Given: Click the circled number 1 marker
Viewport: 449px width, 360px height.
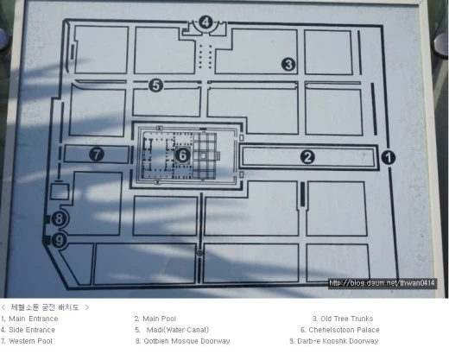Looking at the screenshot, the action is coord(388,157).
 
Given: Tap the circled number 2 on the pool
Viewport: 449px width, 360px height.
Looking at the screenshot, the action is coord(307,157).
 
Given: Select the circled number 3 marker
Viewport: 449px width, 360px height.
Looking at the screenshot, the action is coord(288,64).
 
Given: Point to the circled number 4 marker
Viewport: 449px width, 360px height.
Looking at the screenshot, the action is coord(206,22).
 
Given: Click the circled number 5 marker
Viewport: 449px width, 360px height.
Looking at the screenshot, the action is coord(155,85).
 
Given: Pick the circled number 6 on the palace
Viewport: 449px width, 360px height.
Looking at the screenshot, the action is coord(183,155).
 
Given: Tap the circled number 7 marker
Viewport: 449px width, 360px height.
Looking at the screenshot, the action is coord(97,154).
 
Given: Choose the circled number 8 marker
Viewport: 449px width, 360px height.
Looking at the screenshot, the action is coord(59,218).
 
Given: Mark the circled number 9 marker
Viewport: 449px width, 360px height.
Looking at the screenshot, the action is coord(59,240).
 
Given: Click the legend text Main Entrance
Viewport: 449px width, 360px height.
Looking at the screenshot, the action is coord(34,319).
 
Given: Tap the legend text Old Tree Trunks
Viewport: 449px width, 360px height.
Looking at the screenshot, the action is coord(347,319).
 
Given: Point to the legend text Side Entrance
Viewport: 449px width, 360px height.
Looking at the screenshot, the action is coord(32,330).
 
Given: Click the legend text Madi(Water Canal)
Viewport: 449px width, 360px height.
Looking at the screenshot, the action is coord(178,330).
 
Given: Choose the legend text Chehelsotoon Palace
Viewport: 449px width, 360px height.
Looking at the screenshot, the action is coord(344,330).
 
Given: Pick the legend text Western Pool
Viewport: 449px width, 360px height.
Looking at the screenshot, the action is coord(30,341).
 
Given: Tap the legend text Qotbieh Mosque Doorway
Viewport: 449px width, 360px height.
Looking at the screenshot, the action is coord(187,341).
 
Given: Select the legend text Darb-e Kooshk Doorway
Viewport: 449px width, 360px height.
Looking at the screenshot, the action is coord(338,341).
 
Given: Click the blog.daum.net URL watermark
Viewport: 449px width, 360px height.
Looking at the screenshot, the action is coord(382,283).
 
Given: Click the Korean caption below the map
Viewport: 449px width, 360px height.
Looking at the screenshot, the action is coord(45,307).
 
